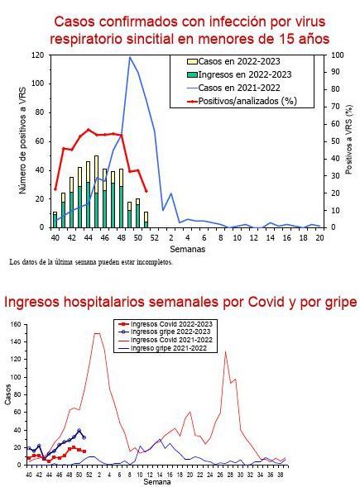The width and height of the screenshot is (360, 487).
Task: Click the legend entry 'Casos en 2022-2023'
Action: point(237,61)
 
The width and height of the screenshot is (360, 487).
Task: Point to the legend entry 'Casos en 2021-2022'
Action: point(237,88)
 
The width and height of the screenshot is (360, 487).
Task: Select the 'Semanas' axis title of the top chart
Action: point(187,248)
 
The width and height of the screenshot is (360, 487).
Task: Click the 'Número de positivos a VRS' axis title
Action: point(22,140)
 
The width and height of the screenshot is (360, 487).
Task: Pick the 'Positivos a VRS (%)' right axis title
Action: point(348,141)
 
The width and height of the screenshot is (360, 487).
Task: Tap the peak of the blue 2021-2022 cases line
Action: point(130,57)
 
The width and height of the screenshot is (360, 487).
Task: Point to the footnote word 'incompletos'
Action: point(152,262)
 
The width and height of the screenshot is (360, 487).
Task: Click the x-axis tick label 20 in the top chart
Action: point(319,236)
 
